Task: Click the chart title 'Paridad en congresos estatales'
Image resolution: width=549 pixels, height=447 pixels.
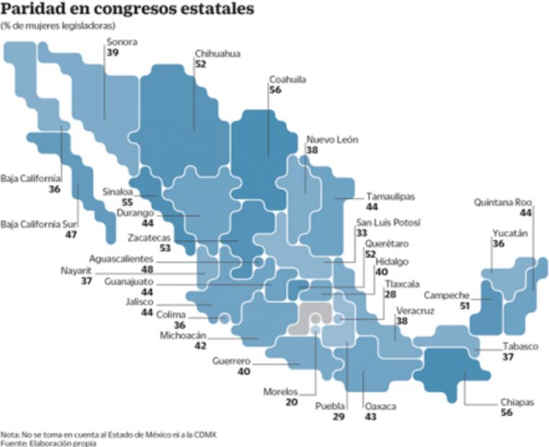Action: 128,10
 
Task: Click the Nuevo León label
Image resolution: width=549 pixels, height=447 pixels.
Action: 332,140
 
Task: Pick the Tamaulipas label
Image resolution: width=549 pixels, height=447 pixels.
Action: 390,196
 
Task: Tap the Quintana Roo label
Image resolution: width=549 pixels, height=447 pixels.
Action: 502,203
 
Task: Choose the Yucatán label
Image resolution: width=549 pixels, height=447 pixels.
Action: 510,234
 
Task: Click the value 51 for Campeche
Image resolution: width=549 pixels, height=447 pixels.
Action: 465,306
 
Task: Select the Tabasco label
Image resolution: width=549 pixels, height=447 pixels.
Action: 520,346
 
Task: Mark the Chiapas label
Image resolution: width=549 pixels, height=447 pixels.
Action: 517,402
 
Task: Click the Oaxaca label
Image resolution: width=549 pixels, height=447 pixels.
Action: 380,407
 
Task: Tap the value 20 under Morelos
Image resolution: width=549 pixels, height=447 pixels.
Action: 291,402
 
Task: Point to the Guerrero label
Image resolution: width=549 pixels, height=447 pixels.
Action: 231,360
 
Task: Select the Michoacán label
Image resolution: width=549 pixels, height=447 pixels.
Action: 183,335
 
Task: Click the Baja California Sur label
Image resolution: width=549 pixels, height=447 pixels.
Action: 39,223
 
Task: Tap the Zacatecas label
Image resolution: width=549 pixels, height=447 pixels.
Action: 150,237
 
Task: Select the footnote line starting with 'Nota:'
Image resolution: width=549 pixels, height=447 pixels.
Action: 108,434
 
